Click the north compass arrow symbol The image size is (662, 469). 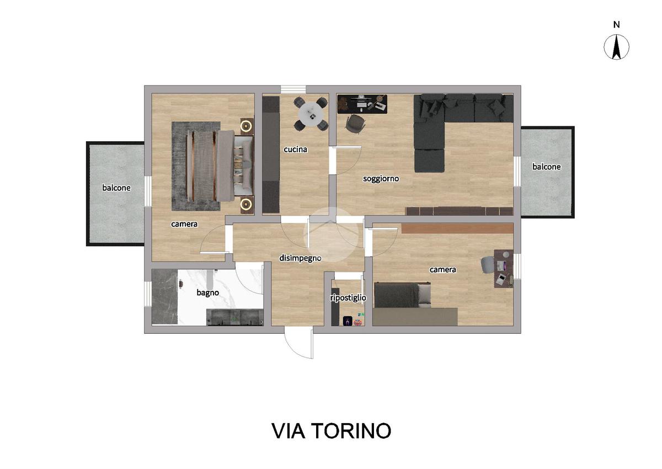point(616,47)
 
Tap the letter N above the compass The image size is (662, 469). point(616,25)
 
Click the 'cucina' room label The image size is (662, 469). point(295,150)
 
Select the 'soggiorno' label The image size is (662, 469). point(381,179)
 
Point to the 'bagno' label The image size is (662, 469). point(208,293)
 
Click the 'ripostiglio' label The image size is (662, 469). point(348,298)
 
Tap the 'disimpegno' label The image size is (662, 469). point(300,258)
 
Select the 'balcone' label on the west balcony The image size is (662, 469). point(116,188)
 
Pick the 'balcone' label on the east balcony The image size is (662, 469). point(547,167)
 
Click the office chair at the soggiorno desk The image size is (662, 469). point(355,124)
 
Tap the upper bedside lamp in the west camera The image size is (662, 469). point(246,126)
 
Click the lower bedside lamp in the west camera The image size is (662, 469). point(246,204)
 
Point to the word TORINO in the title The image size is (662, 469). point(352,431)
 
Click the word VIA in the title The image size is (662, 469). point(288,431)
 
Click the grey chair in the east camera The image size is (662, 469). point(488,264)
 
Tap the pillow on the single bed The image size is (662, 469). point(424,294)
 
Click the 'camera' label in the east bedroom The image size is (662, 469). point(442,269)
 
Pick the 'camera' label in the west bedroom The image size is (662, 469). point(184,224)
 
